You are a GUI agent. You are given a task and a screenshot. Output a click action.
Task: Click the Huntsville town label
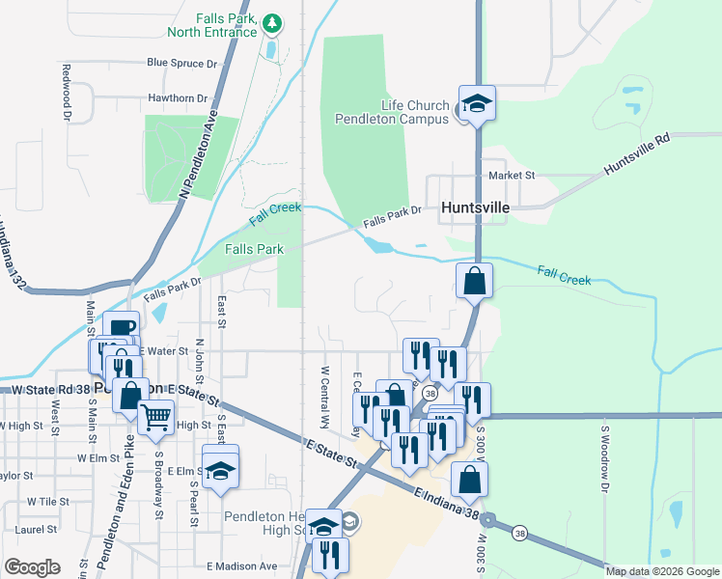coord(474,207)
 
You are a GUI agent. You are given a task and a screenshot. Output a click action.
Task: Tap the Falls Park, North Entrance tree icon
coord(272,21)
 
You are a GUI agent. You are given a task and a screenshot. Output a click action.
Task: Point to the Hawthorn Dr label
coord(179,97)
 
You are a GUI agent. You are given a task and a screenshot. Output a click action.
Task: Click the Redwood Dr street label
coord(67,93)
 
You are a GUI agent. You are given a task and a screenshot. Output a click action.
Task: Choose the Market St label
coord(512,175)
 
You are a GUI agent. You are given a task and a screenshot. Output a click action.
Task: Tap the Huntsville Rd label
coord(636,154)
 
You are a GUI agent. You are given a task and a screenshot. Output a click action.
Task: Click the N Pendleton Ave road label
coord(197,155)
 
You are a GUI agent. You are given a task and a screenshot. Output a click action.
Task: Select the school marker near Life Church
coord(476,102)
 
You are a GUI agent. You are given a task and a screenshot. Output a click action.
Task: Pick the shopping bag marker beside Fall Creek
coord(474,281)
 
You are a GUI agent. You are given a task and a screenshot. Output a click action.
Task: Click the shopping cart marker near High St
coord(155,418)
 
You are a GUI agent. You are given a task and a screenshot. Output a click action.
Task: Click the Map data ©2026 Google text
coord(663,571)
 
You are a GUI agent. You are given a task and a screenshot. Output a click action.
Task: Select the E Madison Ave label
coord(241,565)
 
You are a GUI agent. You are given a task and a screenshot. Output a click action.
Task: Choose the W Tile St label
coord(47,501)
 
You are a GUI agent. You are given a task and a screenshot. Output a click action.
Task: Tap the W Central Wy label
coord(325,397)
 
